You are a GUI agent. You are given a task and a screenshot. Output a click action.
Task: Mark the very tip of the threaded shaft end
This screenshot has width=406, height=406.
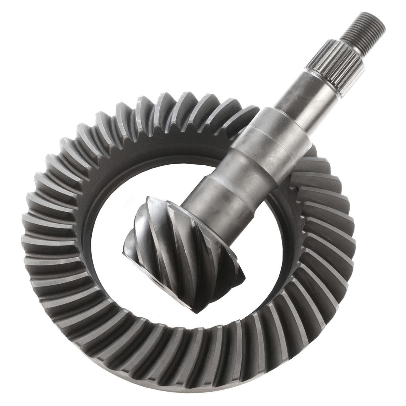point(379,16)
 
